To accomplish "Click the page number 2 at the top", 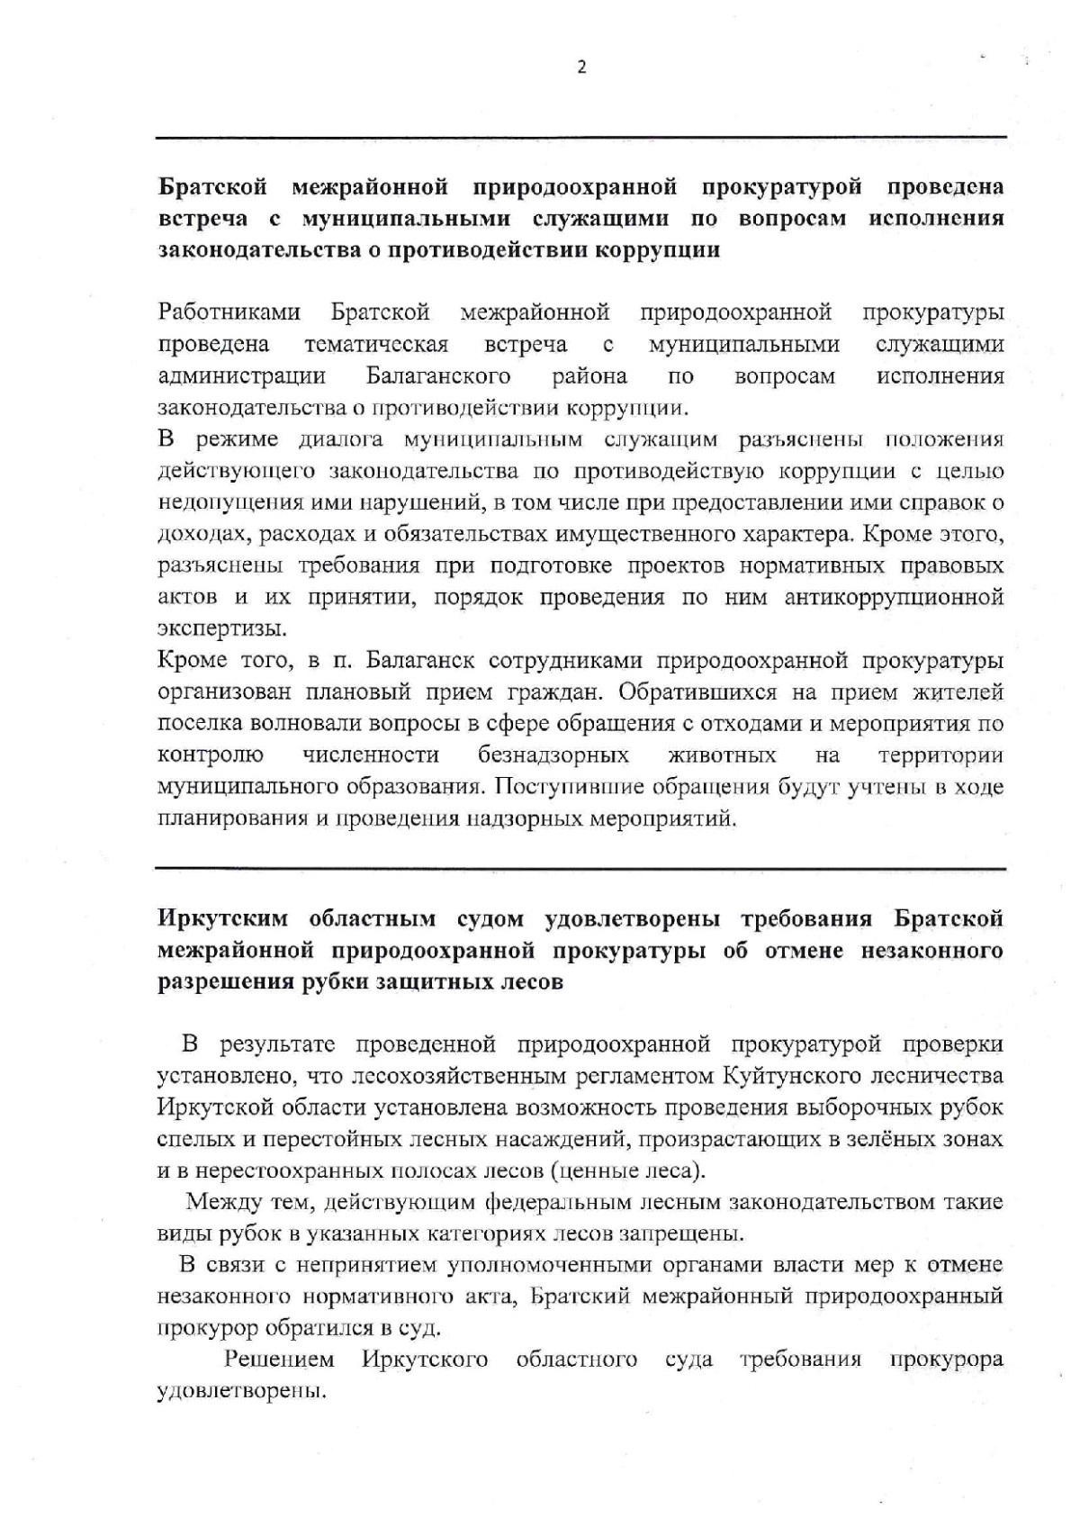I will (x=581, y=67).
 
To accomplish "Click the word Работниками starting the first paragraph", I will (x=229, y=313).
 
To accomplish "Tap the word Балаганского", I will (x=438, y=375).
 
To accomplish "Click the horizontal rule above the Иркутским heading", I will (x=581, y=868).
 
